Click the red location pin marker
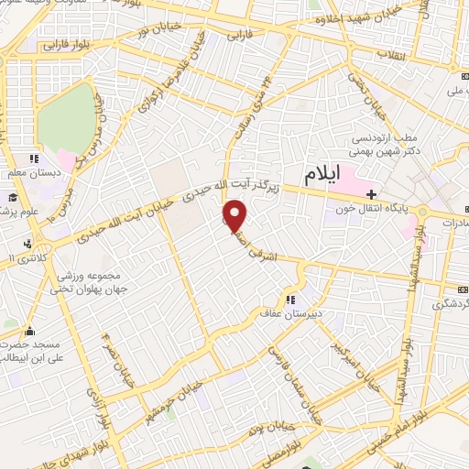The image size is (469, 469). click(x=236, y=216)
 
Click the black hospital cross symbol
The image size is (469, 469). click(x=371, y=194)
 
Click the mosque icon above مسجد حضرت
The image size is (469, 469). click(x=29, y=332)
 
